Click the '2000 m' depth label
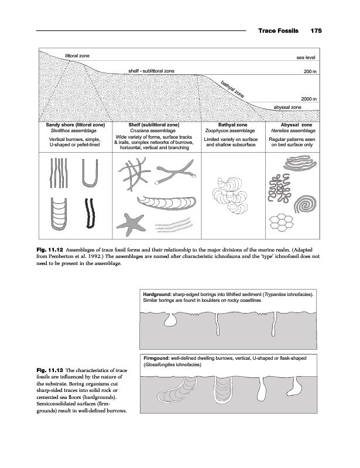click(x=308, y=99)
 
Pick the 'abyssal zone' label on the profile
click(x=287, y=108)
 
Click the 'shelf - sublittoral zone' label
click(x=150, y=71)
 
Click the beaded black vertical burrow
click(x=90, y=214)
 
